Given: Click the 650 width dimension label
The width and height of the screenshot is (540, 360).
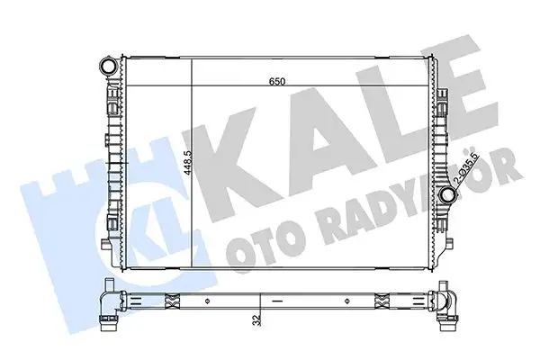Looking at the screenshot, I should (x=277, y=82).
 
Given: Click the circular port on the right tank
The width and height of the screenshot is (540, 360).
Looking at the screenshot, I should (x=447, y=196).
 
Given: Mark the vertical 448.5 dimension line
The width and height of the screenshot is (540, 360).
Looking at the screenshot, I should (x=194, y=162).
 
